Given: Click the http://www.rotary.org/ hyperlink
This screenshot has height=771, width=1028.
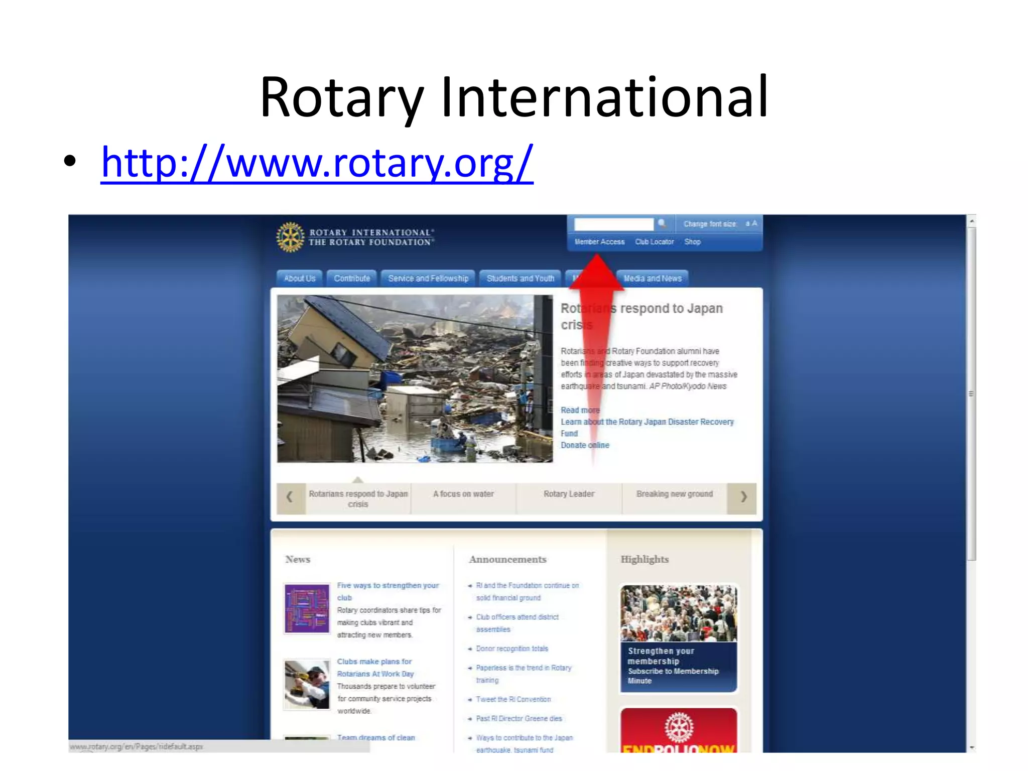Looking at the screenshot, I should click(317, 163).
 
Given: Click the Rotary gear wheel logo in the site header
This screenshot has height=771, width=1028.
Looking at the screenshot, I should click(290, 237).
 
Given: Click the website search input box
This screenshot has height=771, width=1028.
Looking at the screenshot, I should click(613, 224).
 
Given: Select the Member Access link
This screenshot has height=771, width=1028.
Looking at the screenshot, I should click(599, 242).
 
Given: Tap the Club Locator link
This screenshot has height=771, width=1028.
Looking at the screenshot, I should click(654, 242).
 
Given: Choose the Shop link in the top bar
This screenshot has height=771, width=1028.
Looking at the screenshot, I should click(692, 242).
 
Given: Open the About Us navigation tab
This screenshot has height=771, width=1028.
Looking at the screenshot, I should click(300, 279).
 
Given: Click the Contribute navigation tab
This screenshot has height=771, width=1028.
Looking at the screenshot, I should click(352, 279).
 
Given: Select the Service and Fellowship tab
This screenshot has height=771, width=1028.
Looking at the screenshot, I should click(428, 279).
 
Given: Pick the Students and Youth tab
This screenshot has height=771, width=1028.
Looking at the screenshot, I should click(520, 279).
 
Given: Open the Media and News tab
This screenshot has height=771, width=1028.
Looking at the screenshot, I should click(653, 279).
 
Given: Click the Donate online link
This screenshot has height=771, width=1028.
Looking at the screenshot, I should click(585, 445).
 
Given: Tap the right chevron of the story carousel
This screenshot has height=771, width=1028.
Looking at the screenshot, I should click(743, 497).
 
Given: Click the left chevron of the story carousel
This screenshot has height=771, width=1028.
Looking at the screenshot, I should click(290, 497).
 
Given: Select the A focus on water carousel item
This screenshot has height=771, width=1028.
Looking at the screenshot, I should click(463, 494).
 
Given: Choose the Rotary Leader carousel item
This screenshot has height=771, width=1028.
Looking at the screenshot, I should click(569, 494).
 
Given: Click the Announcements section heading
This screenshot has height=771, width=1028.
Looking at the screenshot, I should click(507, 559).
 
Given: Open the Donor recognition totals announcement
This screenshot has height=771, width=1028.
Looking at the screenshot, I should click(512, 649).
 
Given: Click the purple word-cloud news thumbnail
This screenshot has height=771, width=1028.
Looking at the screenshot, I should click(307, 608).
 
